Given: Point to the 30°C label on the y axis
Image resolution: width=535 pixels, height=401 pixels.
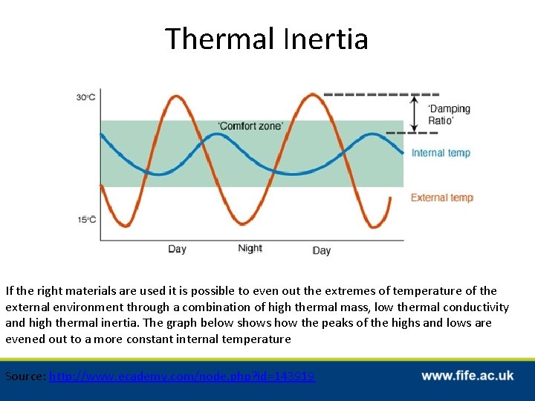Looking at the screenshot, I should pos(86,97).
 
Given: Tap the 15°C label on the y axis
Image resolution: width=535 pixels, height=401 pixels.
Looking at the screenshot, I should pos(86,219).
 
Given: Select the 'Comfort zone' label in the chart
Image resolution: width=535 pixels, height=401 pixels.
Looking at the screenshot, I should pos(250,126).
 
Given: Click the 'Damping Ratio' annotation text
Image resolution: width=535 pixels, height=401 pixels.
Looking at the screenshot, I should pos(449,114).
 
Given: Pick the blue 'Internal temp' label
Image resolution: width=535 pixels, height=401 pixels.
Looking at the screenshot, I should pos(441,153).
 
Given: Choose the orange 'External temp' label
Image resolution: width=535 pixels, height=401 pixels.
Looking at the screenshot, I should pos(442,198).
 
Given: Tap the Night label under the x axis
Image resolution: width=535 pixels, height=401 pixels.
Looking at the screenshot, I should pos(250,249).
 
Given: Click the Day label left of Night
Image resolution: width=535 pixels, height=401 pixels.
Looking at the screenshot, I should pos(177,250).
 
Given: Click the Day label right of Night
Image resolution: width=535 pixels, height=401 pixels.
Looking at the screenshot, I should pos(321,251).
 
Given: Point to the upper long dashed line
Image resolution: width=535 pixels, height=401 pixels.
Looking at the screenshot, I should pos(381,94).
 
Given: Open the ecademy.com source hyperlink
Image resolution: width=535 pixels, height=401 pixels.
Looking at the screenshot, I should pos(182,376).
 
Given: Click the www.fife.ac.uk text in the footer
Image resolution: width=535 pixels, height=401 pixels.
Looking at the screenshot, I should pos(467,376).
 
